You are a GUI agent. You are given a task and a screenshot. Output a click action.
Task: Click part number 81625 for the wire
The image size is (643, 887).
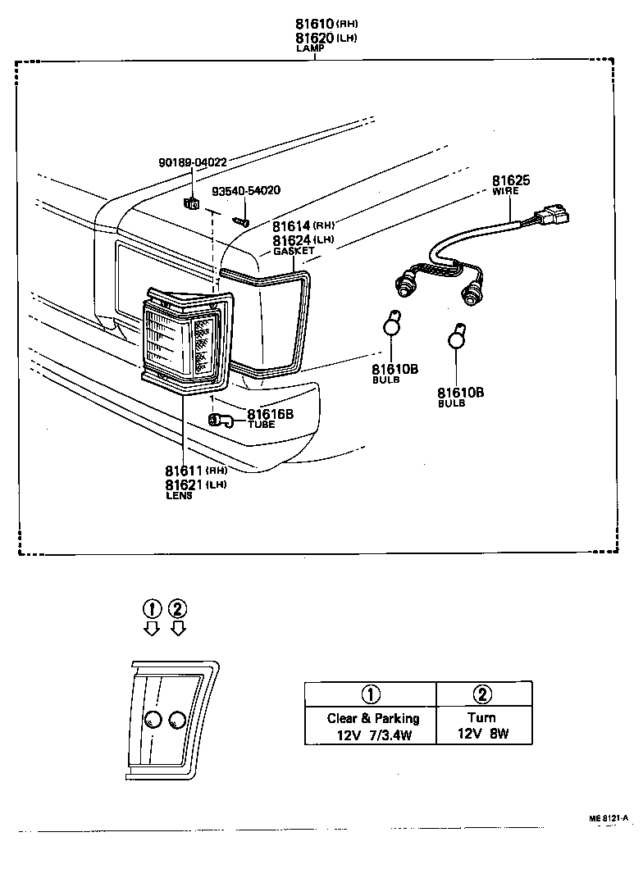[x=510, y=180]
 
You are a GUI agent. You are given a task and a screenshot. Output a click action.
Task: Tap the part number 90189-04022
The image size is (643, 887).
[x=193, y=162]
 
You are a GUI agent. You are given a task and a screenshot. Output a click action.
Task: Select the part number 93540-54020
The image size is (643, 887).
[x=246, y=191]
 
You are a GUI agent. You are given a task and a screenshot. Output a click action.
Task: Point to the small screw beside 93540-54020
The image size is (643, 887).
[x=240, y=219]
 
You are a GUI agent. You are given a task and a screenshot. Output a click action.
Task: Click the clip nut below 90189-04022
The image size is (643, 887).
[x=192, y=203]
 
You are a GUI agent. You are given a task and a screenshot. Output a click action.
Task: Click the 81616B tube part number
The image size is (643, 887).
[x=270, y=414]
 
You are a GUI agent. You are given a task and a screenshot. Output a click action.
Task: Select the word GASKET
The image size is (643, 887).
[x=294, y=252]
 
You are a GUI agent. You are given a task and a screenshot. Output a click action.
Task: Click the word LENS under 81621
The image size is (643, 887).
[x=179, y=496]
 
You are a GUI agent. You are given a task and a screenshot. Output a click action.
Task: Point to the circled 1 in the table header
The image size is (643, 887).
[x=371, y=694]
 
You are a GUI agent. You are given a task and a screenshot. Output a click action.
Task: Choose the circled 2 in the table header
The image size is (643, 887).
[x=483, y=694]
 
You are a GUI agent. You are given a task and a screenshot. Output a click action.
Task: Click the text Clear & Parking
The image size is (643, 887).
[x=372, y=718]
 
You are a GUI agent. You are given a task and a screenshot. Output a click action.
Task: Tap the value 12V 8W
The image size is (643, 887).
[x=483, y=735]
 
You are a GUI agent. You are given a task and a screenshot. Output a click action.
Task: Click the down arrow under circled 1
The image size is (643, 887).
[x=150, y=628]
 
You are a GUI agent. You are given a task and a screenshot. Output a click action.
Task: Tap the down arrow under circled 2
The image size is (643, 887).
[x=178, y=628]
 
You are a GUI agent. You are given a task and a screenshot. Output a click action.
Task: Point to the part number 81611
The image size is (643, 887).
[x=185, y=471]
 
